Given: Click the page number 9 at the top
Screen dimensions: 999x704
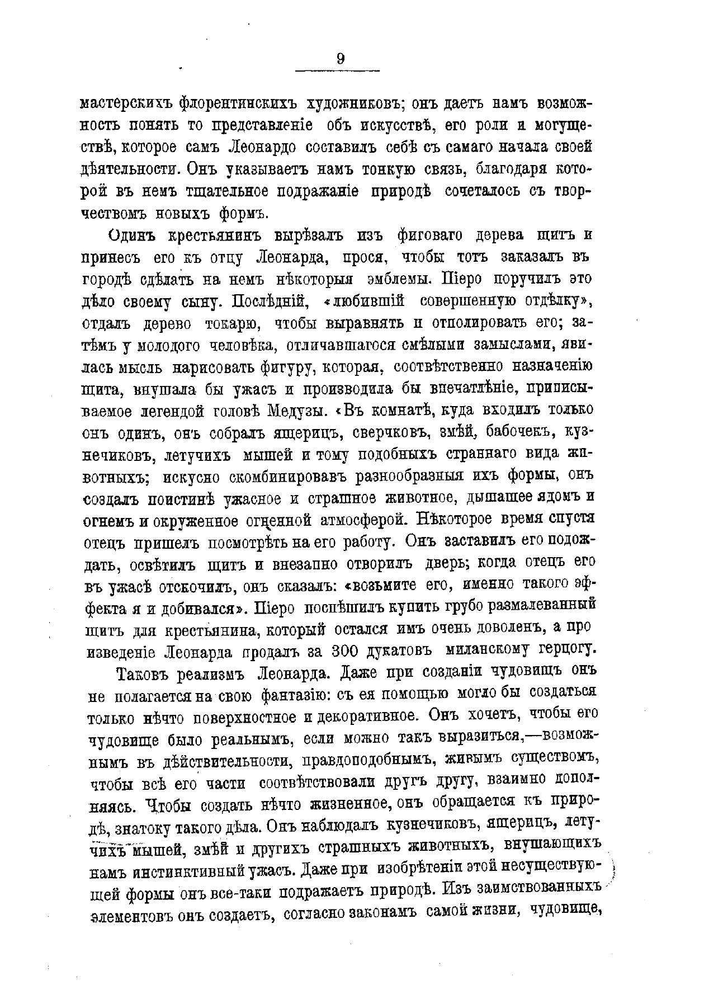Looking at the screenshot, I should coord(341,58).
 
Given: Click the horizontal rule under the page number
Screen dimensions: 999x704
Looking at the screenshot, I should coord(337,70).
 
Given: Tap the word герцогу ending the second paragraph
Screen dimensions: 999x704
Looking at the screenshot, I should coord(564,650).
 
